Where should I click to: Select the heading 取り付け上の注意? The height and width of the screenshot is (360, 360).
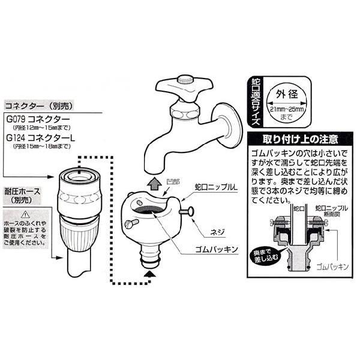[298, 139]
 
